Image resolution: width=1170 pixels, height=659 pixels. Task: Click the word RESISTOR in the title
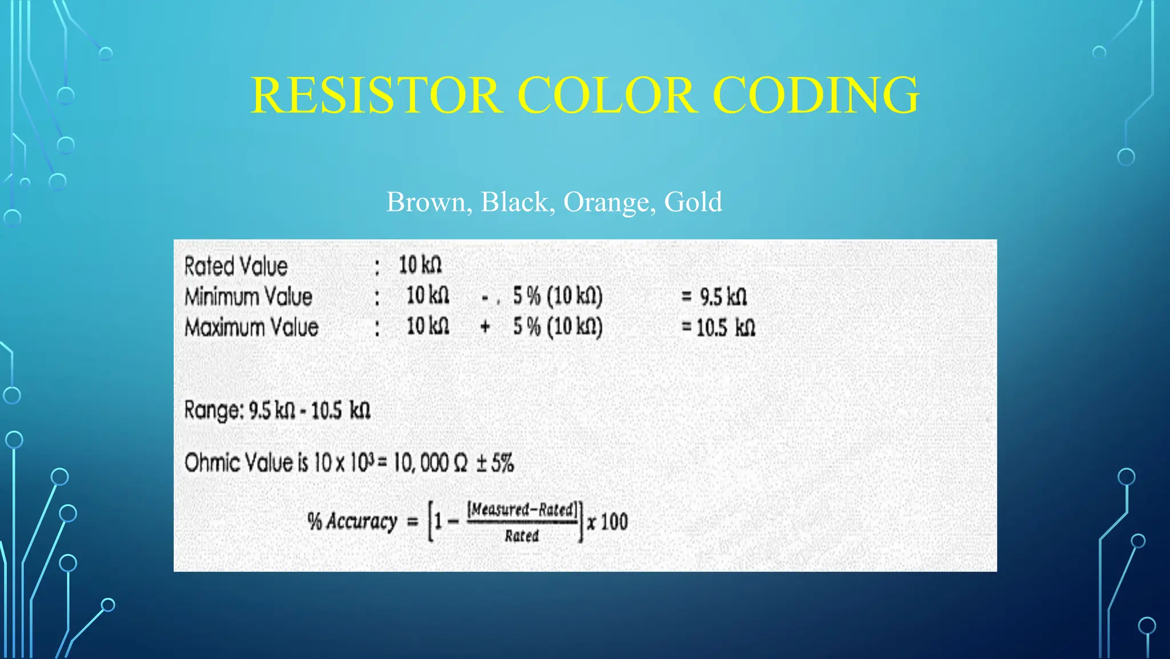pos(376,95)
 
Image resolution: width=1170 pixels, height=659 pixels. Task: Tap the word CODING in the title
pos(816,95)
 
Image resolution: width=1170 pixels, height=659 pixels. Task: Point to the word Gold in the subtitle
pos(693,202)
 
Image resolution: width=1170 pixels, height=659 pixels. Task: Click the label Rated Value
pos(235,266)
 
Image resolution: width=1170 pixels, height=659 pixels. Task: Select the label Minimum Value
pos(248,297)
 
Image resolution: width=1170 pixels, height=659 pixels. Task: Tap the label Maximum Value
pos(251,327)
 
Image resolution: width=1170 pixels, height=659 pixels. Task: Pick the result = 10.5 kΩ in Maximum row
pos(719,327)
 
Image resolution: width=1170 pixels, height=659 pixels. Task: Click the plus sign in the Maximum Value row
pos(485,327)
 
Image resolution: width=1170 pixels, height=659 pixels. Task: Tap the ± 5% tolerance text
pos(495,462)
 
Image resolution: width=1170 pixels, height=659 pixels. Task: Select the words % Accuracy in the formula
pos(352,521)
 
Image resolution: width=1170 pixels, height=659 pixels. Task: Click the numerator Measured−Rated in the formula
pos(522,509)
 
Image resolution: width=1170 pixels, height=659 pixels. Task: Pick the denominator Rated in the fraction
pos(522,536)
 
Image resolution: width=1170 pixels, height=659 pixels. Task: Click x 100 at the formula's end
pos(607,521)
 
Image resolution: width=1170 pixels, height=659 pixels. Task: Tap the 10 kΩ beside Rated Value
pos(420,265)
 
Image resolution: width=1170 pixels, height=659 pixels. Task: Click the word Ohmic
pos(213,462)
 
